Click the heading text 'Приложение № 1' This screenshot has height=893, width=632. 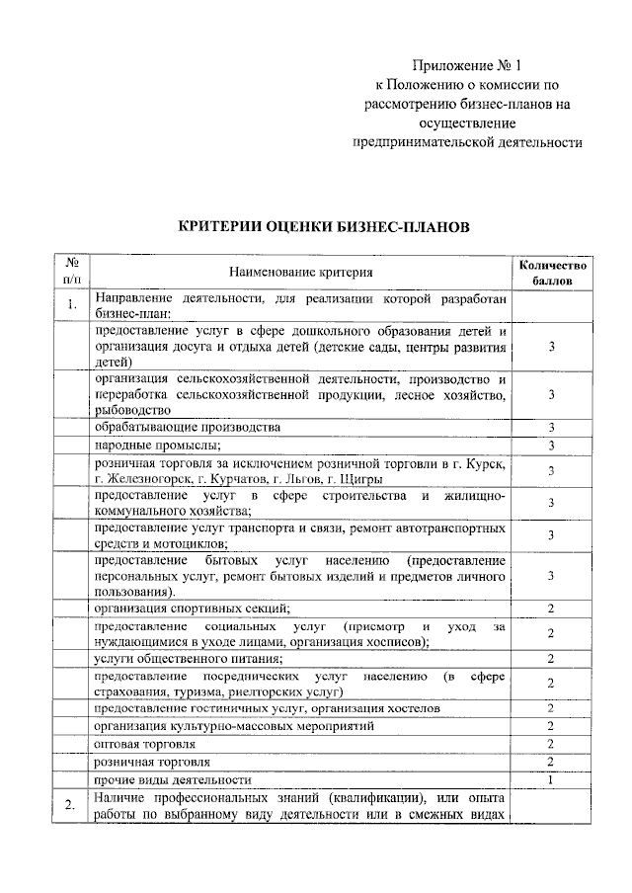click(x=468, y=66)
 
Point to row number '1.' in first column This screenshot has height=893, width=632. click(x=72, y=304)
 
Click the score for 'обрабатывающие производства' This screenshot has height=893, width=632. click(x=553, y=428)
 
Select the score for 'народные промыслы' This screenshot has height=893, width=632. click(x=553, y=446)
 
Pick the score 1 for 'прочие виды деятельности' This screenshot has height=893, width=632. click(x=553, y=780)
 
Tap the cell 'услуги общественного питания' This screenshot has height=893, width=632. click(x=188, y=659)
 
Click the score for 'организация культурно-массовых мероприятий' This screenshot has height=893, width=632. click(x=553, y=725)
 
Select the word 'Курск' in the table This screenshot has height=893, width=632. click(x=489, y=463)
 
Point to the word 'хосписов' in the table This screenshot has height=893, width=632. click(x=397, y=640)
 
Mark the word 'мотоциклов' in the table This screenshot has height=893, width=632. click(x=190, y=542)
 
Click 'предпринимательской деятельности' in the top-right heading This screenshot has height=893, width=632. click(x=468, y=141)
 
